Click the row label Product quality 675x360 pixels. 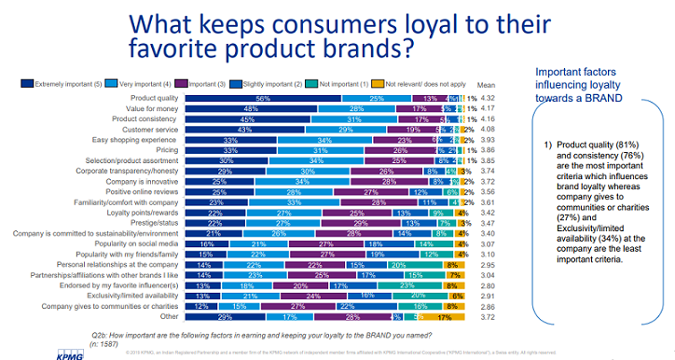(155, 98)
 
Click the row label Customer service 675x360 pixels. (151, 130)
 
